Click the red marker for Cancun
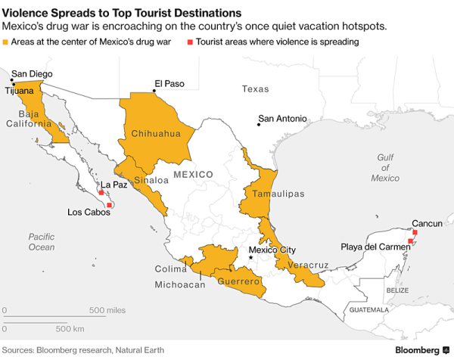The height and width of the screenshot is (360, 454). (x=415, y=233)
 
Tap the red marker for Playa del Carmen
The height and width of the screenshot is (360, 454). (x=410, y=241)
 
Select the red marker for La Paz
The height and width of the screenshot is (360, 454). (x=101, y=193)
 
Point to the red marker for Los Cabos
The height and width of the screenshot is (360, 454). (x=110, y=205)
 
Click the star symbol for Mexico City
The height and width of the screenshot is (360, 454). (x=251, y=258)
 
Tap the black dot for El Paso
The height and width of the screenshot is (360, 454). (x=154, y=92)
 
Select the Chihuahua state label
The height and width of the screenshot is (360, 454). (x=156, y=134)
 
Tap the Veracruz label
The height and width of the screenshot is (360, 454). (x=304, y=265)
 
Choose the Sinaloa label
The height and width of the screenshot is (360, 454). (x=151, y=180)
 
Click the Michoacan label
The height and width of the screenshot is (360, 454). (x=180, y=285)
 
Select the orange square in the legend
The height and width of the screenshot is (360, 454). (x=6, y=42)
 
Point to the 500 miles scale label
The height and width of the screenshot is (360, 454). (x=107, y=311)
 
